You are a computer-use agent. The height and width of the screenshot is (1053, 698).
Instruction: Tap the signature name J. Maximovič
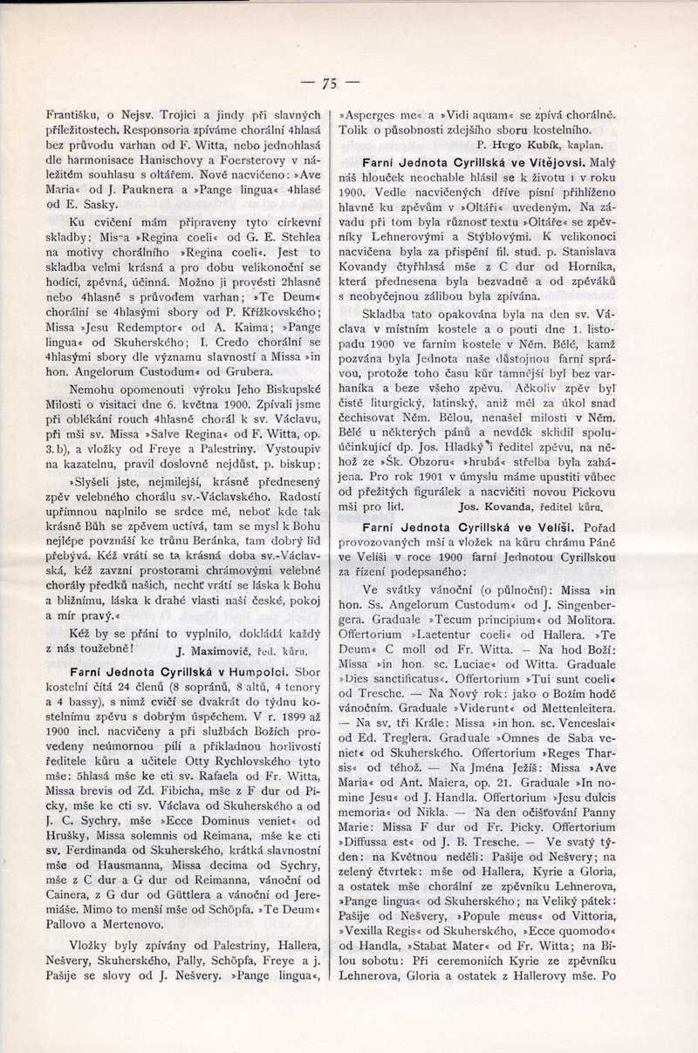pos(215,649)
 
